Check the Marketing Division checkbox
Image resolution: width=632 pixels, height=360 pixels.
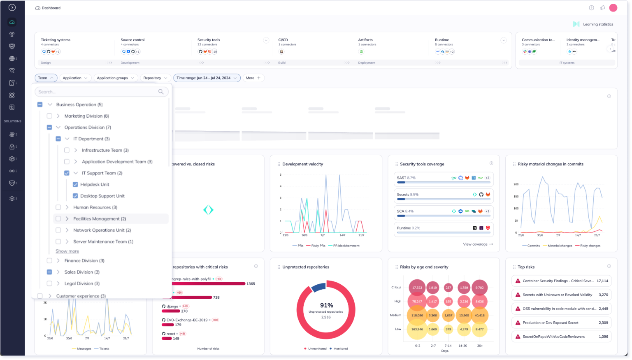(x=49, y=116)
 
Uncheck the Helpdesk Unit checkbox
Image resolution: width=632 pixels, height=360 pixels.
(x=75, y=184)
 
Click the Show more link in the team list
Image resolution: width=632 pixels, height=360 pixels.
(x=67, y=251)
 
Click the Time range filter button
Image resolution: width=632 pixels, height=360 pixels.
(x=207, y=78)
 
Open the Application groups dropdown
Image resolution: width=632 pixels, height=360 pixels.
(x=115, y=78)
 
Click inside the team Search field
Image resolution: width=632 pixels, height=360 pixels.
(x=97, y=92)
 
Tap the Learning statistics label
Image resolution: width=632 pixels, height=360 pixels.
(x=598, y=24)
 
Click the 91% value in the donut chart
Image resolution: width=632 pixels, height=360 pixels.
(x=326, y=305)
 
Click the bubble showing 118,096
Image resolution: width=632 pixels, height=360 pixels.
(x=417, y=316)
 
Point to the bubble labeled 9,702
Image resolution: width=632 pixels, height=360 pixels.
(x=479, y=288)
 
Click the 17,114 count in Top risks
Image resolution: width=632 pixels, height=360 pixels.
(x=602, y=281)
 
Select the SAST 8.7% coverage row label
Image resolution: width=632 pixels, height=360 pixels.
(x=406, y=178)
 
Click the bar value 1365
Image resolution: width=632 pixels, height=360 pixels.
(x=251, y=283)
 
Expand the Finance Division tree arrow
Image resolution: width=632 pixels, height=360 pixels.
(x=58, y=260)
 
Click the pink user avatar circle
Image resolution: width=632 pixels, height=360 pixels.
(x=613, y=8)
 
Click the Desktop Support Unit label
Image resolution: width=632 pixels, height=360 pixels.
(x=102, y=196)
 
